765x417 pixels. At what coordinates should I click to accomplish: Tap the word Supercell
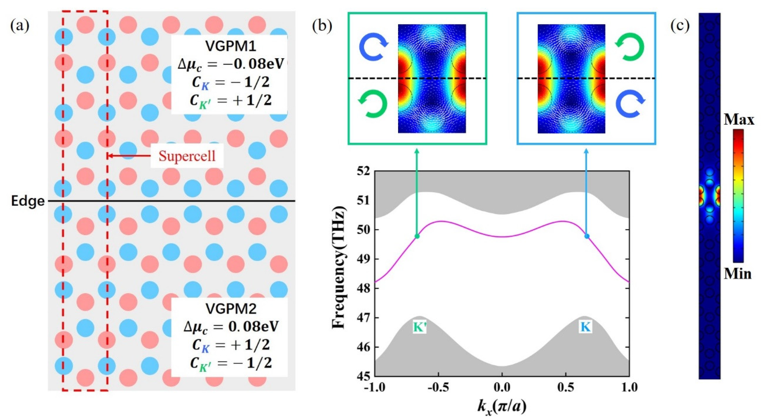[187, 156]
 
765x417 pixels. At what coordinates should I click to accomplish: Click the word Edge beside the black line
[28, 201]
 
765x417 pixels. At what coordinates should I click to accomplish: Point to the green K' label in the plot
[420, 327]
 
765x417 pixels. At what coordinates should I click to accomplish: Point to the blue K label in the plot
[586, 327]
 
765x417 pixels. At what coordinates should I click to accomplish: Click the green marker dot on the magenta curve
[417, 236]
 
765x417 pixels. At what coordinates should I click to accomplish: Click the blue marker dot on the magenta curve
[587, 236]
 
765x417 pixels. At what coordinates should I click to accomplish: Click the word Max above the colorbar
[739, 120]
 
